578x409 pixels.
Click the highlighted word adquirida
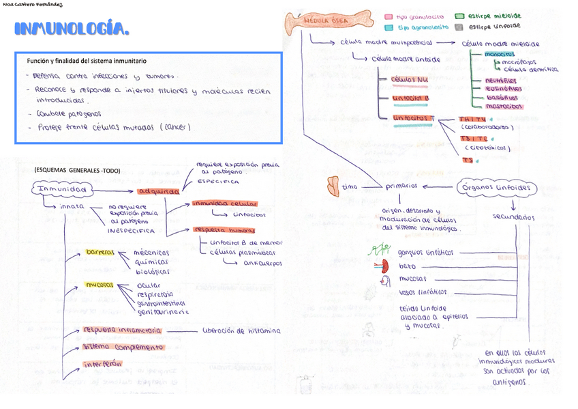click(158, 191)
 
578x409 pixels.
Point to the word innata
click(72, 206)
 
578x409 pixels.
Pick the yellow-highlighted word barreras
click(100, 253)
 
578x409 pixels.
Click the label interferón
click(102, 364)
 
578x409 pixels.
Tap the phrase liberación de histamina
click(241, 330)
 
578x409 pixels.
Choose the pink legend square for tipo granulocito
click(389, 16)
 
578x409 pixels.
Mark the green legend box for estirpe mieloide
click(460, 16)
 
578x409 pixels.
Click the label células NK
click(410, 80)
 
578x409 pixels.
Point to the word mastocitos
click(504, 106)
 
